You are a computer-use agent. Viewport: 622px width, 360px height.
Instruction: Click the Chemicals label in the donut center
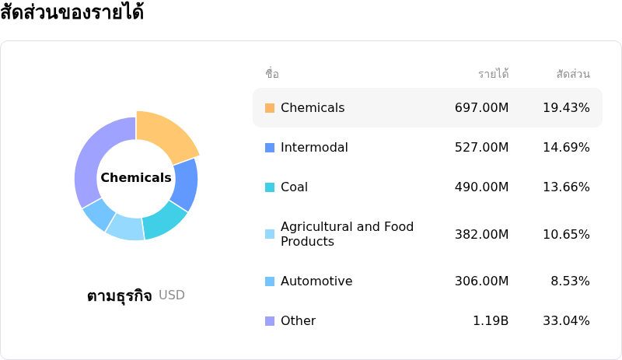point(136,178)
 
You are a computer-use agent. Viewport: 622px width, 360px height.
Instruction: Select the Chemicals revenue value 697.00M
point(481,108)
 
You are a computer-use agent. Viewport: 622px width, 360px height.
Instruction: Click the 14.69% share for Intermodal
point(566,148)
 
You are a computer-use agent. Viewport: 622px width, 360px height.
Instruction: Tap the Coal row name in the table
point(294,187)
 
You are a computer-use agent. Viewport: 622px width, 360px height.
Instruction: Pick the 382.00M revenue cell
point(481,235)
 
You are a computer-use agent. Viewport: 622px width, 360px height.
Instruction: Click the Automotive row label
point(316,281)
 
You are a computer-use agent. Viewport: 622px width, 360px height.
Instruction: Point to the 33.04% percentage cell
point(566,321)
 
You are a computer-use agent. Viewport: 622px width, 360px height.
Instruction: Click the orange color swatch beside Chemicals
point(270,108)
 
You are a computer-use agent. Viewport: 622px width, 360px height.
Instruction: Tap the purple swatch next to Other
point(270,321)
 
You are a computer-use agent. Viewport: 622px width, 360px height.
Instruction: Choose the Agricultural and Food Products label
point(347,234)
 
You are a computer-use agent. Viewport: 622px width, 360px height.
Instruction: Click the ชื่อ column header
point(271,75)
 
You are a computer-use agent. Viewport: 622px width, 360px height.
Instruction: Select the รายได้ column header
point(493,75)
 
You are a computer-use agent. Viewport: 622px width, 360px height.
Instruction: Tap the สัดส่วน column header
point(573,75)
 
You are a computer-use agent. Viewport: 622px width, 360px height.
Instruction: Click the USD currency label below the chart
point(172,295)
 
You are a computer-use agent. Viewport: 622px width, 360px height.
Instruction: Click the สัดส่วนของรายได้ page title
point(72,13)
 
